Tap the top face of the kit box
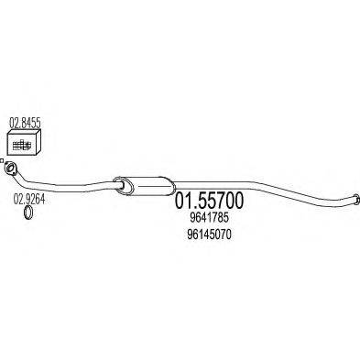click(25, 134)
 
